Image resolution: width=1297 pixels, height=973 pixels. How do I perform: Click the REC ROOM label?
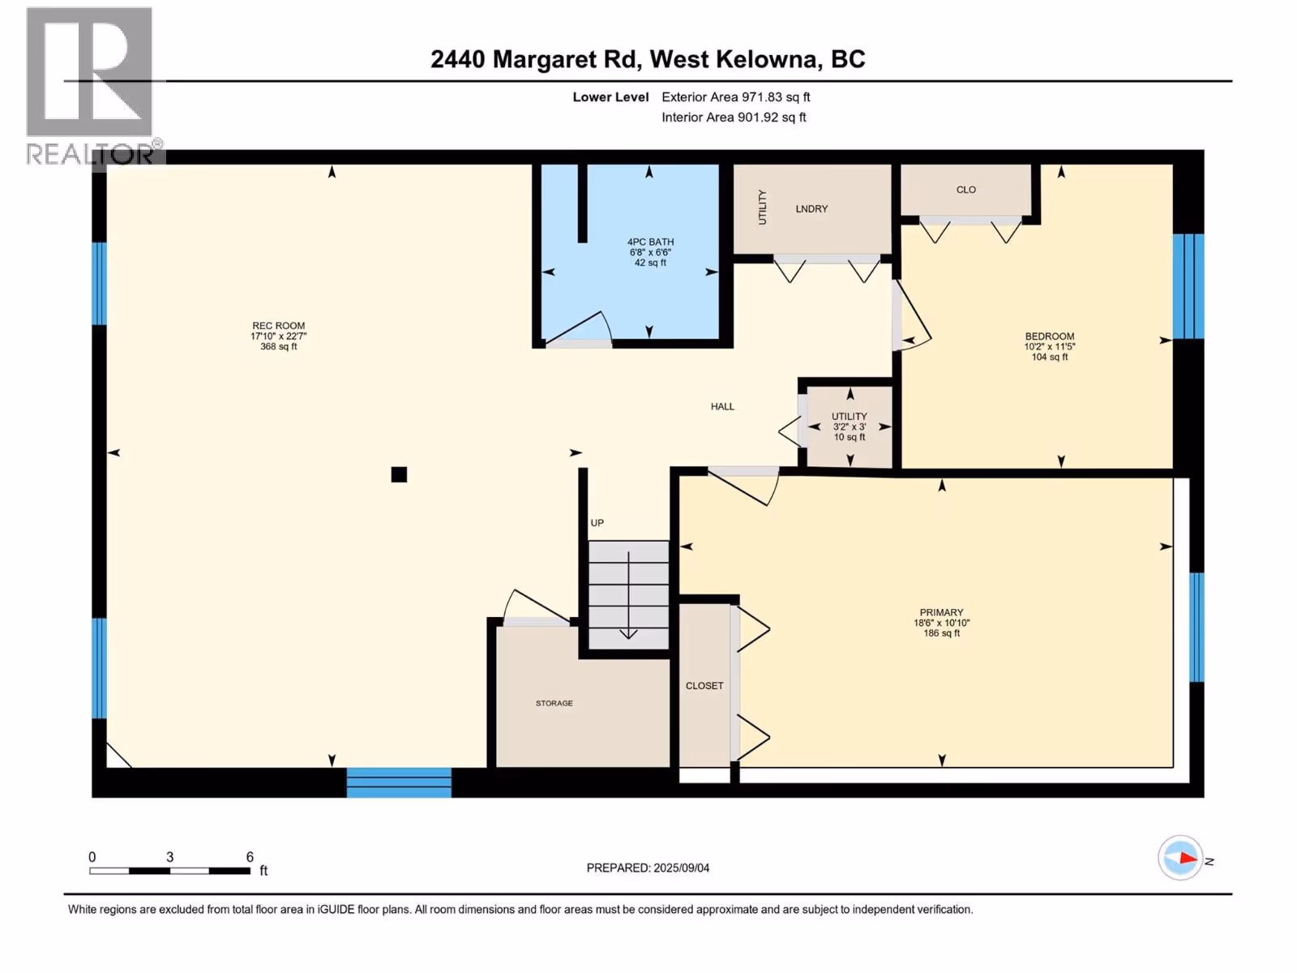pos(278,325)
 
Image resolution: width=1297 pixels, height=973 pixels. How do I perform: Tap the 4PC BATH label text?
pos(650,242)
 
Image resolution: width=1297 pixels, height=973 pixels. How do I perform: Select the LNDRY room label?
pos(811,208)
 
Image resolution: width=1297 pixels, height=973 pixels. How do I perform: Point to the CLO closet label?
pos(966,190)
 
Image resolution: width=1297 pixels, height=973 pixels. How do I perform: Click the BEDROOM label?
pos(1050,336)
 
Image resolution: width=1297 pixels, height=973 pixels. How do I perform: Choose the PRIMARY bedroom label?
pos(941,613)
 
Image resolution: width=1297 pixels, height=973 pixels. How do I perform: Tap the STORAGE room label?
pos(554,703)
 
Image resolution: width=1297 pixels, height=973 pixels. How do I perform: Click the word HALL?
pos(722,406)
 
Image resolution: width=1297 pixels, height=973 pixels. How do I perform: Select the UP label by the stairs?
pos(597,523)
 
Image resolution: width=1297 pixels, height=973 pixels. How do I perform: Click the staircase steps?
pos(629,595)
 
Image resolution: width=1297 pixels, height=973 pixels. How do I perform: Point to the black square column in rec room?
pos(399,474)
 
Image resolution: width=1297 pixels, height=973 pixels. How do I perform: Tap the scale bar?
pos(169,871)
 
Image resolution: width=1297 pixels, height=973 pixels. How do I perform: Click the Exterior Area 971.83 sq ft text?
pos(736,96)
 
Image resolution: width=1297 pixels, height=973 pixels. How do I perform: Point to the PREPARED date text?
pos(648,868)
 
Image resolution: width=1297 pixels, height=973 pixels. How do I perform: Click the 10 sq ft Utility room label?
pos(849,437)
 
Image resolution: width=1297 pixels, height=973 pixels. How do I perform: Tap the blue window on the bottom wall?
pos(399,782)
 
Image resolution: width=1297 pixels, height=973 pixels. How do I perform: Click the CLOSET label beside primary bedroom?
pos(704,686)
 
